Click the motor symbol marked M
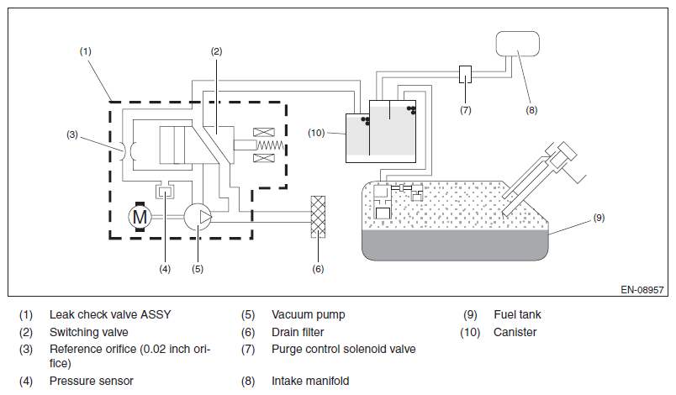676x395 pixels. [x=140, y=217]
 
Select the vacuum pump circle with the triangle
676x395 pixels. [x=198, y=217]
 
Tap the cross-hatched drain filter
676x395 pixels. [x=318, y=217]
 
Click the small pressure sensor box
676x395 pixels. [x=165, y=192]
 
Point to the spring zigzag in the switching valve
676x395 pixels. [x=270, y=145]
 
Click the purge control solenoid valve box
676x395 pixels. [x=465, y=74]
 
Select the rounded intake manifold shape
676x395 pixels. [x=517, y=44]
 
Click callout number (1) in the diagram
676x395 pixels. [x=86, y=51]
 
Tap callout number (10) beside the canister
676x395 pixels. [x=316, y=133]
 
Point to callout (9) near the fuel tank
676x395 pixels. [x=599, y=218]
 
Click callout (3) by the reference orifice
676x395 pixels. [x=72, y=134]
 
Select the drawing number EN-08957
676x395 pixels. [x=642, y=290]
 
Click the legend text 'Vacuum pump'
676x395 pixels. [x=309, y=314]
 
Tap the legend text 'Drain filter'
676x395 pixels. [x=298, y=332]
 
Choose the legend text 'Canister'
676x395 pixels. [x=515, y=332]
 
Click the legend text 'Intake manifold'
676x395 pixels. [x=310, y=381]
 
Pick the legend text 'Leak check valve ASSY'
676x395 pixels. [x=110, y=314]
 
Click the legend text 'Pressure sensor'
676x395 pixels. [x=92, y=381]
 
